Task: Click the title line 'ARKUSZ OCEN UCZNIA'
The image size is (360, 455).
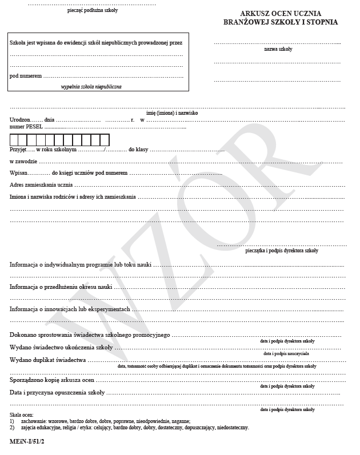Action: [281, 13]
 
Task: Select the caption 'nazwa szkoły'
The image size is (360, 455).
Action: [278, 49]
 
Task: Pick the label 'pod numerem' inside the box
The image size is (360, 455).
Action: [26, 76]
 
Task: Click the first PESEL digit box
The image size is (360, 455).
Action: [14, 140]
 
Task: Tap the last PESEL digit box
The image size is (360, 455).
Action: [105, 140]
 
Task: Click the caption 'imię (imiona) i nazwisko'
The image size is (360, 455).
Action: [172, 113]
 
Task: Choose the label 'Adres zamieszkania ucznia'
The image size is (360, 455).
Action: [41, 185]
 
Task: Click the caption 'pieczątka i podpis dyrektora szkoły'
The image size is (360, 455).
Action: [282, 251]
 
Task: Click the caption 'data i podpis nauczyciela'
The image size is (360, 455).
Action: [286, 353]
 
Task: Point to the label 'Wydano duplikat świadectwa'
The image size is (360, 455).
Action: [48, 360]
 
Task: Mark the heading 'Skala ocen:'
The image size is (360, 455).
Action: [22, 414]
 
